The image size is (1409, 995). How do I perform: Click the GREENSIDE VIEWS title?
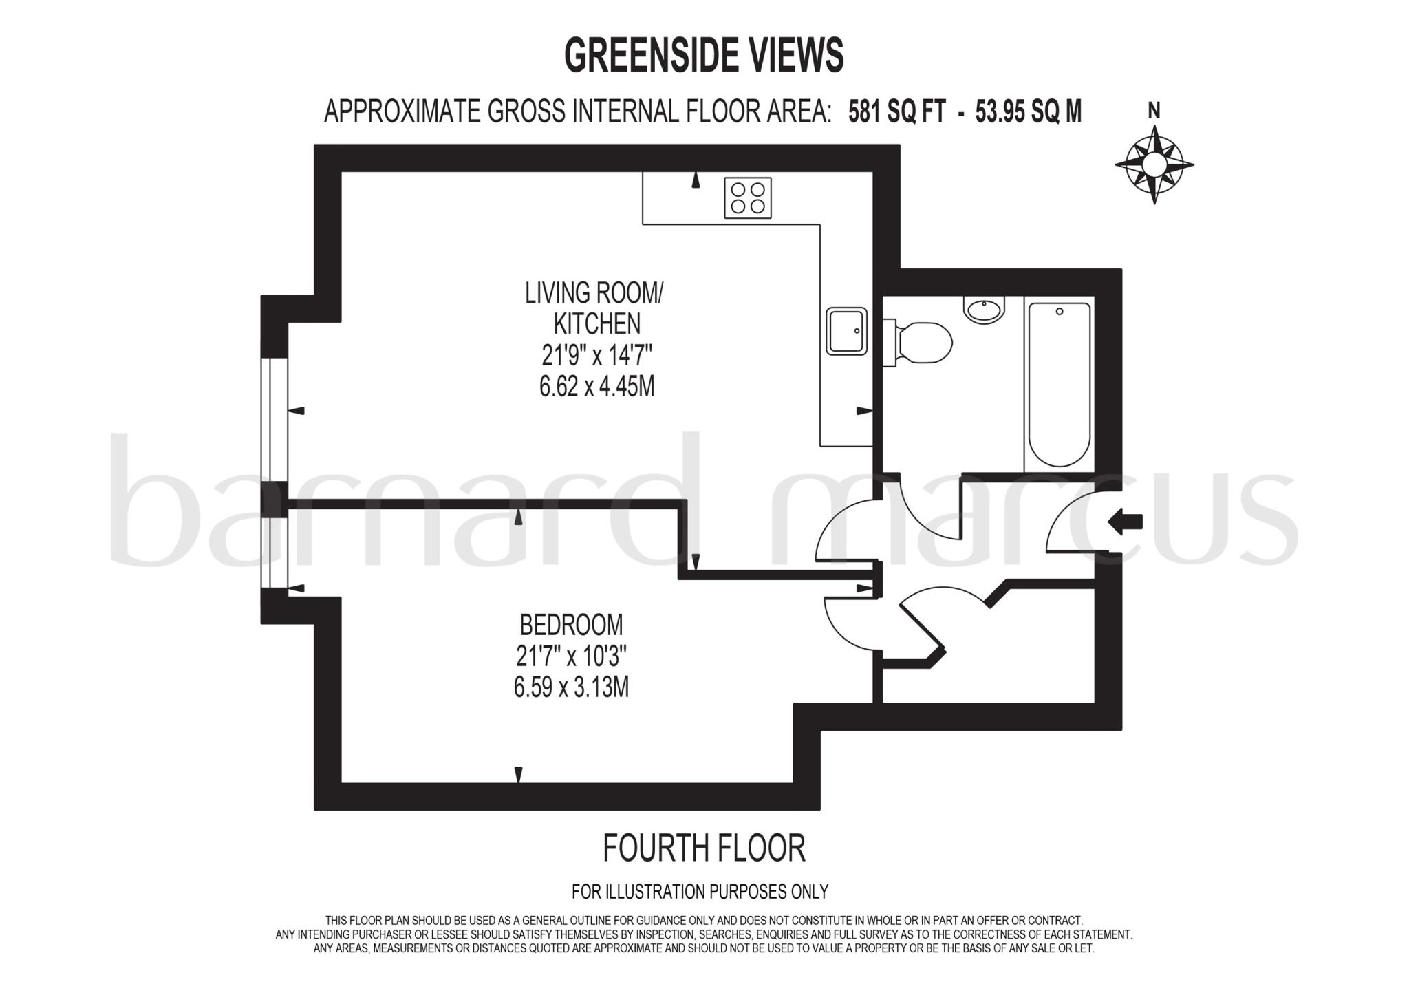click(703, 55)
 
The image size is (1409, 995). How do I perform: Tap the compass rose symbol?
click(1154, 164)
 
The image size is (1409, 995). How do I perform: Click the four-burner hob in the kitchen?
click(747, 197)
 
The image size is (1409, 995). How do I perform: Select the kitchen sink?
click(846, 331)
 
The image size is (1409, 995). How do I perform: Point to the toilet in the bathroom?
click(921, 342)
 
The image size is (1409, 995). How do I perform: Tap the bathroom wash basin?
click(985, 309)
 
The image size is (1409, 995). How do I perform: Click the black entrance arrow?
click(1126, 522)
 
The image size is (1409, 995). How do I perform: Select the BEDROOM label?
click(571, 625)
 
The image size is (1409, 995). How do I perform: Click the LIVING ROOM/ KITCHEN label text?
click(593, 308)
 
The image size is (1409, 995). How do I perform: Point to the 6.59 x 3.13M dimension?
click(571, 687)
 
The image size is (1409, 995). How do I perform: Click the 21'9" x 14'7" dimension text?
click(596, 356)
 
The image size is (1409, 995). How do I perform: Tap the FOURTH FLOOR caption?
click(703, 848)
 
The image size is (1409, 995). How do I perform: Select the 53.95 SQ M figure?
click(1028, 111)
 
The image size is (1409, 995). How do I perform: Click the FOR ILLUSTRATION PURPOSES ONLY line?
click(700, 892)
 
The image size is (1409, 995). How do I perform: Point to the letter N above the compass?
click(1154, 110)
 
